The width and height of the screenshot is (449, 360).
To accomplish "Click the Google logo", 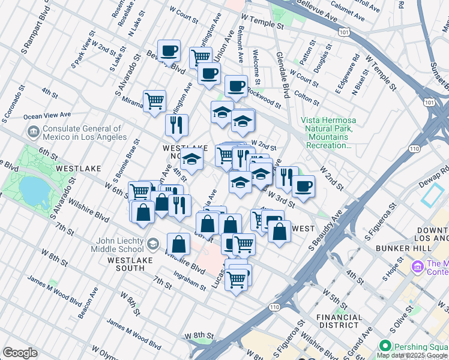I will (x=20, y=353).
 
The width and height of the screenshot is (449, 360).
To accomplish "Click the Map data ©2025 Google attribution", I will (x=412, y=355).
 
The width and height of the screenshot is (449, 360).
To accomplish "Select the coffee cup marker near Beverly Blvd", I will (x=169, y=51).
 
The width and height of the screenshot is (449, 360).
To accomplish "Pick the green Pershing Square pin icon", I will (x=385, y=346).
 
